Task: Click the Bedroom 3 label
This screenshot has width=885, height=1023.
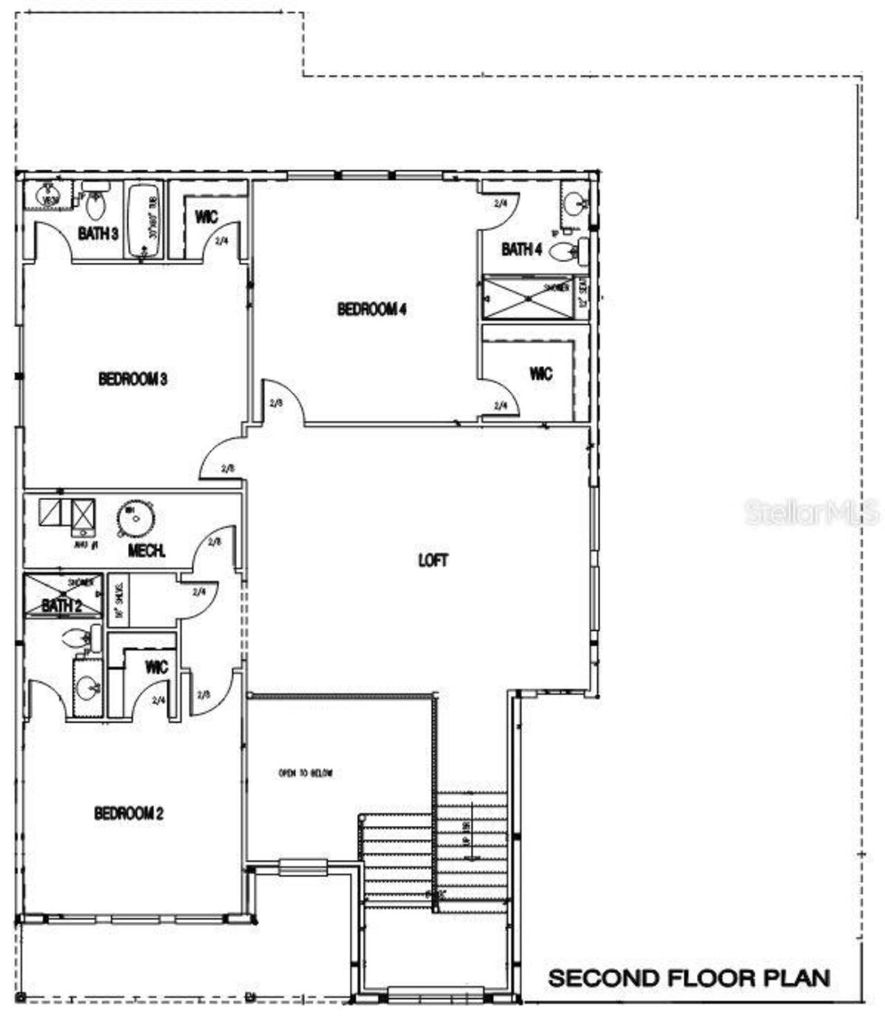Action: point(133,379)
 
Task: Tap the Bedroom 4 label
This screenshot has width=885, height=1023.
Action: point(371,309)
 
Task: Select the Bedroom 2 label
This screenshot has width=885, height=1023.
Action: point(129,813)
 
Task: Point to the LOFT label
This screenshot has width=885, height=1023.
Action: point(433,560)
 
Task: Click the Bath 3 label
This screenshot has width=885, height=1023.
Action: point(97,233)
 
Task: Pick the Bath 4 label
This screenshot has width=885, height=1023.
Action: point(521,249)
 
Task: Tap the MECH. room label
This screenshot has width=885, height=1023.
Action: point(147,551)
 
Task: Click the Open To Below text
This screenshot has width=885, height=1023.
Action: point(306,773)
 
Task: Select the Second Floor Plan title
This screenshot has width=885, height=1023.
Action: point(689,978)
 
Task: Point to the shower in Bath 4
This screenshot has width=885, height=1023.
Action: point(528,298)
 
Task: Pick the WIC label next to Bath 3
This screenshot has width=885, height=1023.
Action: point(206,217)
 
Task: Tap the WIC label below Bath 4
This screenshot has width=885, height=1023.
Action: point(541,374)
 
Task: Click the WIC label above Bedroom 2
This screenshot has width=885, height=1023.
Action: point(156,667)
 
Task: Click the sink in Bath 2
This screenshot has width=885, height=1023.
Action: point(88,688)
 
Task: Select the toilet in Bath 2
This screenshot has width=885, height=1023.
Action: point(82,638)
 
